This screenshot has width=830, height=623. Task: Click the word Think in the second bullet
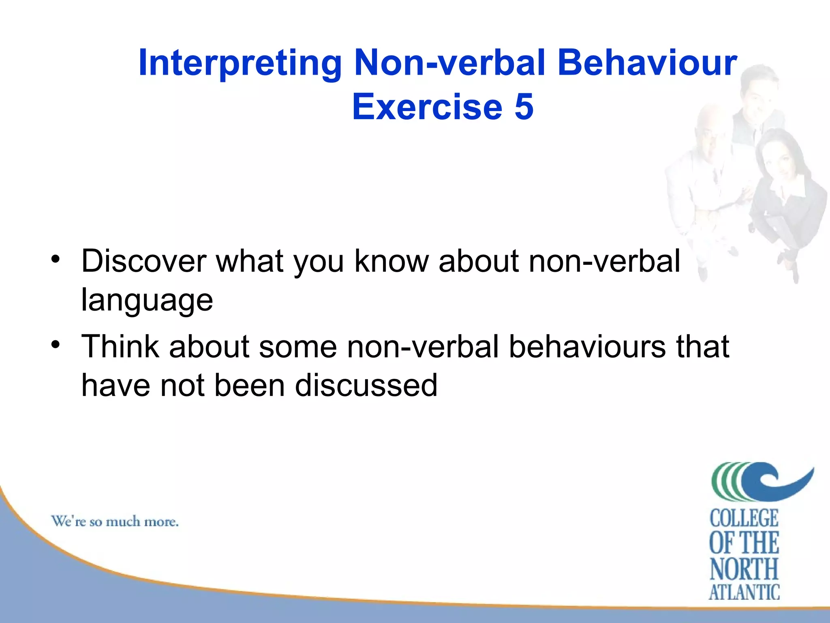pyautogui.click(x=120, y=346)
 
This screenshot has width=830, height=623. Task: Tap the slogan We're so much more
pyautogui.click(x=115, y=521)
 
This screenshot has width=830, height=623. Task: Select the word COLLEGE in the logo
pyautogui.click(x=744, y=518)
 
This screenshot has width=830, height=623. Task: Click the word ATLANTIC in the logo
pyautogui.click(x=744, y=592)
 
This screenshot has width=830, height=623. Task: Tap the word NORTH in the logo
pyautogui.click(x=744, y=569)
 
